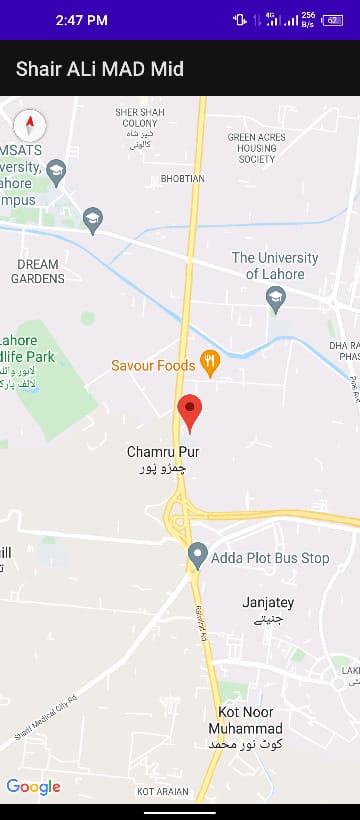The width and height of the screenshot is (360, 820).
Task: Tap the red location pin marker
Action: [189, 411]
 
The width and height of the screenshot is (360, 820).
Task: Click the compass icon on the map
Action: [30, 125]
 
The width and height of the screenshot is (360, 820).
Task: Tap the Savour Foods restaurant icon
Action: [210, 363]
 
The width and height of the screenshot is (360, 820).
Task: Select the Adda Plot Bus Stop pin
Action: [198, 555]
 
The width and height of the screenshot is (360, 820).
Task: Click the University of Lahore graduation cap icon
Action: [276, 297]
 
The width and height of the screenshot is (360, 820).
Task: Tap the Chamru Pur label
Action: [163, 453]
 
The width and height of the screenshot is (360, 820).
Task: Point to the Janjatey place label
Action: [268, 603]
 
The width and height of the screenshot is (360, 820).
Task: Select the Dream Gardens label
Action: [38, 271]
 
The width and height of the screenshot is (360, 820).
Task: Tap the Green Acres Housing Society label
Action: [257, 147]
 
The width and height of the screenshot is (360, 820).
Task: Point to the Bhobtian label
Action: [183, 179]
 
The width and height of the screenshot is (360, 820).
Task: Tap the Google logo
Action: [33, 787]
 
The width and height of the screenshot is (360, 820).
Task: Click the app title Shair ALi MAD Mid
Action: [100, 69]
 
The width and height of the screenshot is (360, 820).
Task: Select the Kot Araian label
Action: [162, 791]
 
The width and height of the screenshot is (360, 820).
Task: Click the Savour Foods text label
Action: [153, 366]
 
